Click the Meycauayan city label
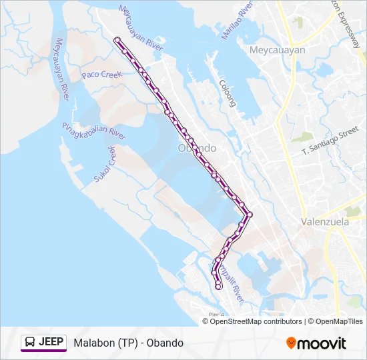[276, 50]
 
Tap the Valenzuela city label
[325, 222]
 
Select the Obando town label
[198, 147]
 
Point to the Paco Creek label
[102, 75]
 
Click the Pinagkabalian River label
[94, 131]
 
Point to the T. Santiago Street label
[330, 143]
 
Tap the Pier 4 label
[215, 314]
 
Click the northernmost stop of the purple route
[117, 40]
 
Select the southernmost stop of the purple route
[219, 287]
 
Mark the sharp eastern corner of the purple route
[250, 214]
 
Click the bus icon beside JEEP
[30, 343]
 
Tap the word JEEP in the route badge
[51, 343]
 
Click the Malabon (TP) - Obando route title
[128, 343]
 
